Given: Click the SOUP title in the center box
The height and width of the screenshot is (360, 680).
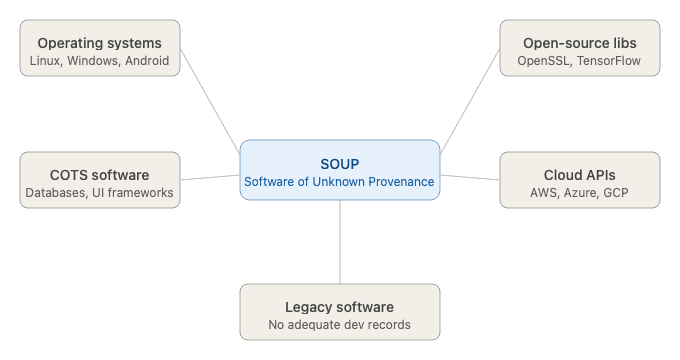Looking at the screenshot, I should pos(340,162).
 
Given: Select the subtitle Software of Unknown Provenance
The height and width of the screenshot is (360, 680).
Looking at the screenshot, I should pos(340,182).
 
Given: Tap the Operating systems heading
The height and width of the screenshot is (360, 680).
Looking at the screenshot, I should pos(99,43).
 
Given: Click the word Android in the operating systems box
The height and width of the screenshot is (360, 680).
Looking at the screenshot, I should pos(146,62).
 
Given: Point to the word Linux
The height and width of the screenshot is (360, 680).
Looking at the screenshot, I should pos(46,62).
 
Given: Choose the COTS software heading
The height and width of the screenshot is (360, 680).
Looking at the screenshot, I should pos(99,174).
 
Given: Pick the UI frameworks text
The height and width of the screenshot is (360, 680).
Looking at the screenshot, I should pos(133,193).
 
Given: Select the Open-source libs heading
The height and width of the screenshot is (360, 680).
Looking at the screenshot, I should pos(579,43).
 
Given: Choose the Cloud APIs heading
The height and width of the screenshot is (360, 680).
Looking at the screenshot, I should pos(579,174).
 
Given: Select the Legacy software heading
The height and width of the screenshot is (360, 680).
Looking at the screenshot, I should pos(340,307).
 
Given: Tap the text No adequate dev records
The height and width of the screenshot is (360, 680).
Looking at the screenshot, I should pos(340,325).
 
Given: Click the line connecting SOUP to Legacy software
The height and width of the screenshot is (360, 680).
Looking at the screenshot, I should pos(340,242).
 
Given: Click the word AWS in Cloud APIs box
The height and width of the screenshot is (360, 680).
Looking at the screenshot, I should pos(546,193).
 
